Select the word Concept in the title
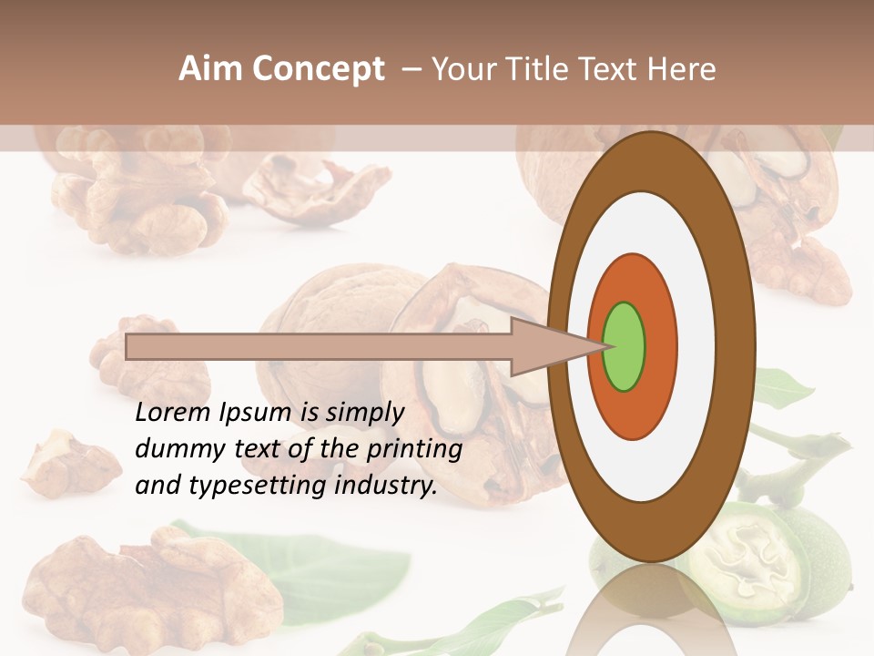coord(317,69)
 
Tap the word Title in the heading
coord(536,69)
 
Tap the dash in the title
coord(411,69)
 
